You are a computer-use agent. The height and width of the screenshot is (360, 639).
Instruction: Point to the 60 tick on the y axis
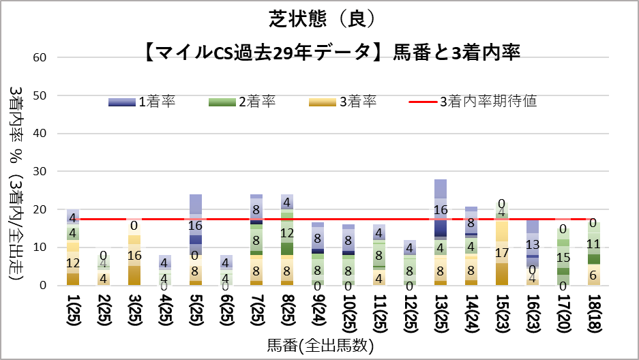tap(40, 57)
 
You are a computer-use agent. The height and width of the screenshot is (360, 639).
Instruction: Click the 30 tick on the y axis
tap(40, 172)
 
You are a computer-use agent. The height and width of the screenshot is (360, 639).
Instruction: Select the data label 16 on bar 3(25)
tap(134, 256)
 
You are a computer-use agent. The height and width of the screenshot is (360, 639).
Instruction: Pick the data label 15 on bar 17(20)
tap(563, 257)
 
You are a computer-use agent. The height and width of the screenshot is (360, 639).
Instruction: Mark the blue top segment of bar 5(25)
tap(196, 203)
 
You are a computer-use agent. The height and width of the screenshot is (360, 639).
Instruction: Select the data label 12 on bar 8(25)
tap(286, 233)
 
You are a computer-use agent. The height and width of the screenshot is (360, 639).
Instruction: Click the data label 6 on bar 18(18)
tap(593, 275)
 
